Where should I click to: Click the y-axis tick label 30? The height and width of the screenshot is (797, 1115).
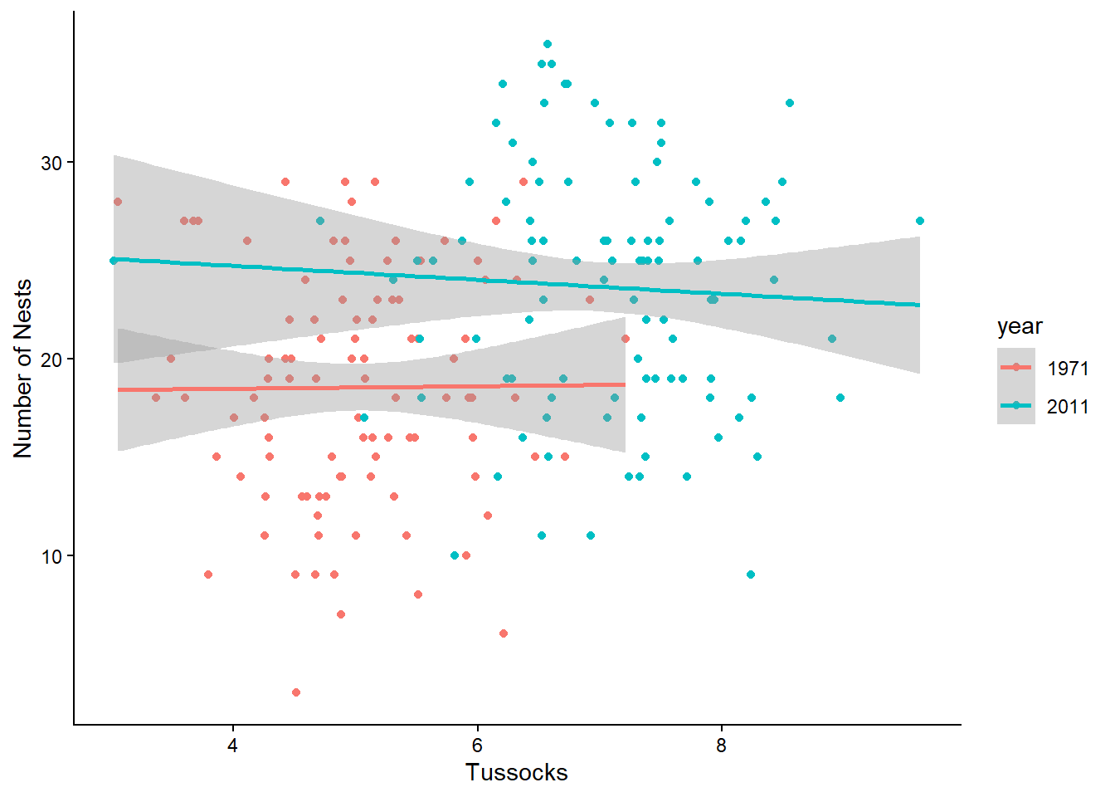click(51, 163)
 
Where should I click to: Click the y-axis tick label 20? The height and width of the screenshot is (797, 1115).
click(51, 359)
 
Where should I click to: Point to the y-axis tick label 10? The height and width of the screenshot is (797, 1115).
click(51, 556)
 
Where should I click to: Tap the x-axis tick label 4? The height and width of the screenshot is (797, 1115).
click(232, 746)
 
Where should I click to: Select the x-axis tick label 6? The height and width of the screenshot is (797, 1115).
click(477, 746)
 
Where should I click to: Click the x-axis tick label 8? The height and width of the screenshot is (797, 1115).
click(721, 746)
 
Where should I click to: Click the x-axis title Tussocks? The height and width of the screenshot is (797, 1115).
click(517, 773)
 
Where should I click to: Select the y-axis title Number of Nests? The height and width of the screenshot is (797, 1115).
click(22, 369)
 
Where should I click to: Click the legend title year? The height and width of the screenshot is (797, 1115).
click(1020, 327)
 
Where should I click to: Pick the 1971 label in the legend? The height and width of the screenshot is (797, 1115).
click(1068, 369)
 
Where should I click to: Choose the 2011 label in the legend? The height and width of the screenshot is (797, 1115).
click(1068, 407)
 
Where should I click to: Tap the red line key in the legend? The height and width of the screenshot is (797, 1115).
click(1016, 367)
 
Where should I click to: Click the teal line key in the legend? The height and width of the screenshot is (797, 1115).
click(1016, 405)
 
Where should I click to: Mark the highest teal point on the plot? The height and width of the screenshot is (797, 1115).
click(548, 44)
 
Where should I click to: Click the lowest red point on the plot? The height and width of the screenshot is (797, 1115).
click(296, 692)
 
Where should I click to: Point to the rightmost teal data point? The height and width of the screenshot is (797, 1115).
click(920, 221)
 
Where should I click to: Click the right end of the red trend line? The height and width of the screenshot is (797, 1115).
click(626, 384)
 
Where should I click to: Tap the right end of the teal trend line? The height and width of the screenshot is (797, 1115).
click(919, 305)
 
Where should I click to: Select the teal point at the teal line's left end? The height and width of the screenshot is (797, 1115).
click(114, 261)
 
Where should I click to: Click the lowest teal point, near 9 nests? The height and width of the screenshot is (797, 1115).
click(751, 575)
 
